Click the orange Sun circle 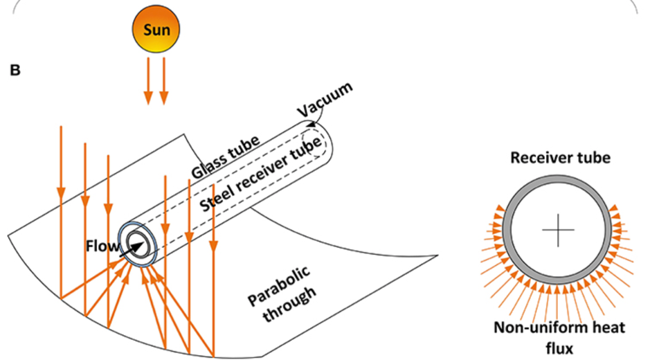[156, 30]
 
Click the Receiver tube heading [560, 158]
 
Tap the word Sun [156, 30]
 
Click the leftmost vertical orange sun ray [61, 208]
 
